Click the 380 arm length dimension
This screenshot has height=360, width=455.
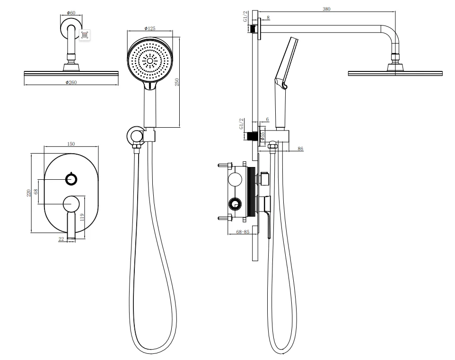pos(326,9)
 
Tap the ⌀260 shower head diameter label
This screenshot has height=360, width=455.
pos(71,82)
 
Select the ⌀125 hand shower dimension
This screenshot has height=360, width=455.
pos(150,28)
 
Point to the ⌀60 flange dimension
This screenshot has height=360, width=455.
pos(71,13)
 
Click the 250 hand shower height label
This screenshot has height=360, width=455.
pos(177,82)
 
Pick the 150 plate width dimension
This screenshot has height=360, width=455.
pos(71,144)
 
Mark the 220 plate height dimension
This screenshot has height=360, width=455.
pos(29,193)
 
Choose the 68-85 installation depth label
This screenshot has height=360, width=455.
pos(243,232)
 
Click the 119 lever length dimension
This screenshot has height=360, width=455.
pos(82,217)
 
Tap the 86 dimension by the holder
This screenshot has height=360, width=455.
pos(300,149)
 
